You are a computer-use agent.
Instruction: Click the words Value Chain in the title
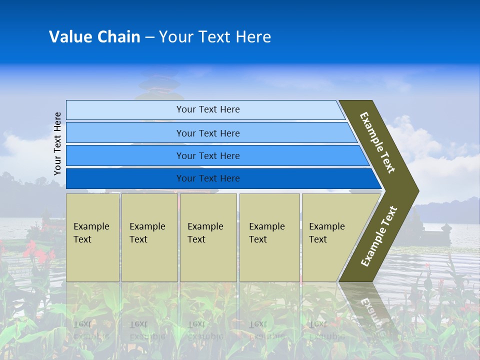(x=94, y=37)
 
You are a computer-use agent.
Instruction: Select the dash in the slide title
(x=149, y=37)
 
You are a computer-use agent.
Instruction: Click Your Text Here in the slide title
(x=215, y=37)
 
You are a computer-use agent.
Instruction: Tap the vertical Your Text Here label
(x=58, y=144)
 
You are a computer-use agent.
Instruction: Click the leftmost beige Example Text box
(x=92, y=237)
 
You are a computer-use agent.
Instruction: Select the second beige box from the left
(x=149, y=237)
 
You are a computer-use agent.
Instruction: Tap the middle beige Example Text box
(x=208, y=237)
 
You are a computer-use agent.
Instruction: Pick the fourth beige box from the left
(x=269, y=237)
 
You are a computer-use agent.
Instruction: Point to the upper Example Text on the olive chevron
(x=377, y=142)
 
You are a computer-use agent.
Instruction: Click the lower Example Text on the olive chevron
(x=379, y=236)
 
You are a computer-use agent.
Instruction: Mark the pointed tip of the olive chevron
(x=417, y=191)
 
